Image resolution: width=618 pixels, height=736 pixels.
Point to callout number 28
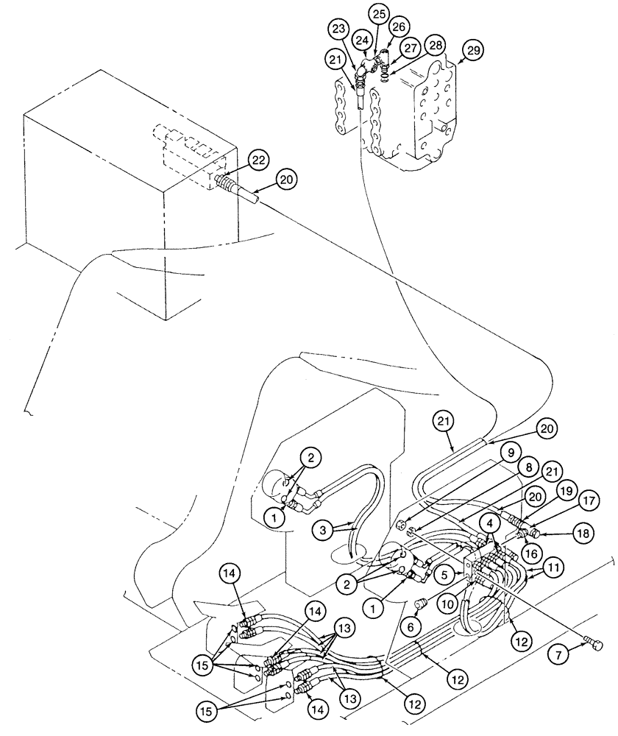click(x=436, y=46)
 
